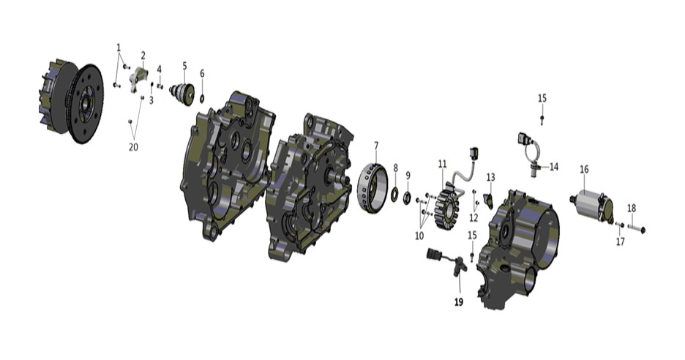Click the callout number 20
click(x=133, y=147)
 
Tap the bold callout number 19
click(x=459, y=302)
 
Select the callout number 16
click(x=584, y=169)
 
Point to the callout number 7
click(x=376, y=145)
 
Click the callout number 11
click(x=443, y=164)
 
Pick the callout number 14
click(x=554, y=167)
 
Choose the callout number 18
click(x=632, y=209)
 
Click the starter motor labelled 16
click(x=593, y=204)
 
